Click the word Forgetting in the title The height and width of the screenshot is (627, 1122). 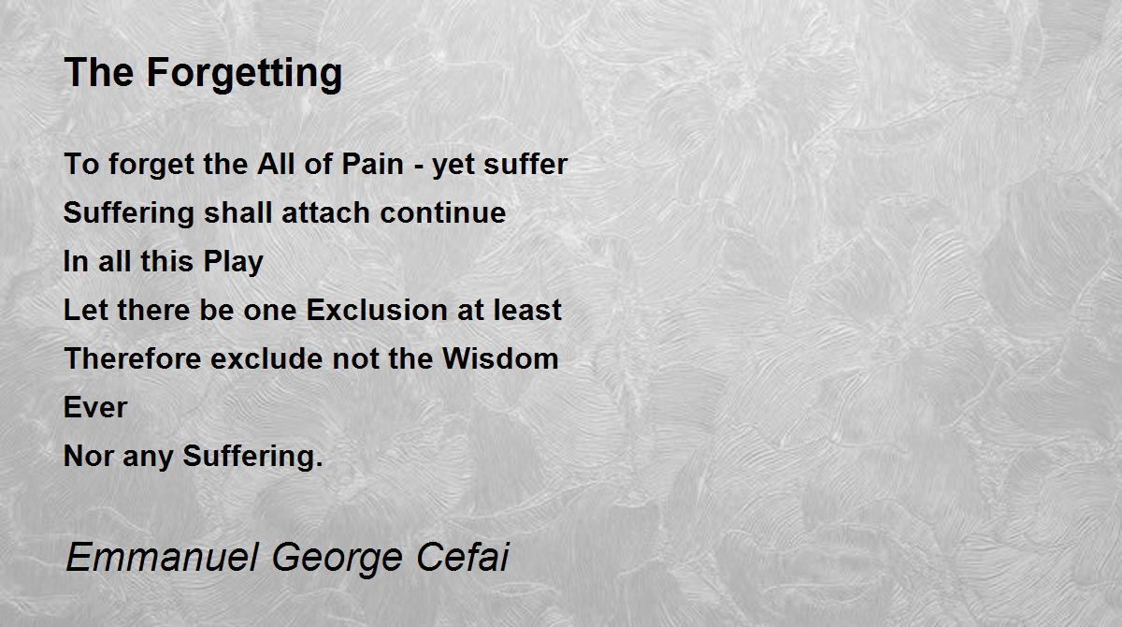[244, 74]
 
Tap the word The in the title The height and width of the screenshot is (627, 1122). [99, 72]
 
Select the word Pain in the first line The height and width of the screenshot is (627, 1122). [373, 164]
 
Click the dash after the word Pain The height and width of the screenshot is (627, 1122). [418, 167]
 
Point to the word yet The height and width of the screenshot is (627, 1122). [453, 166]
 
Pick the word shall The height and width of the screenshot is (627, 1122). [237, 212]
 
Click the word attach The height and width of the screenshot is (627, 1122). [326, 212]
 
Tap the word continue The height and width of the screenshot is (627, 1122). [443, 212]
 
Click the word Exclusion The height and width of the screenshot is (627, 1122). [377, 310]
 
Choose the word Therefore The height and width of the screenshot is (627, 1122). [133, 358]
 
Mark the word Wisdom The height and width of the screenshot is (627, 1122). [500, 358]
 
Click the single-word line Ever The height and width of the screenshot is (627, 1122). [95, 407]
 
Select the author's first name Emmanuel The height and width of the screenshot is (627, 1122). [163, 557]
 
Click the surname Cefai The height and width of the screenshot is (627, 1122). [462, 556]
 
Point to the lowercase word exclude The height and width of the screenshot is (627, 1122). [266, 358]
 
